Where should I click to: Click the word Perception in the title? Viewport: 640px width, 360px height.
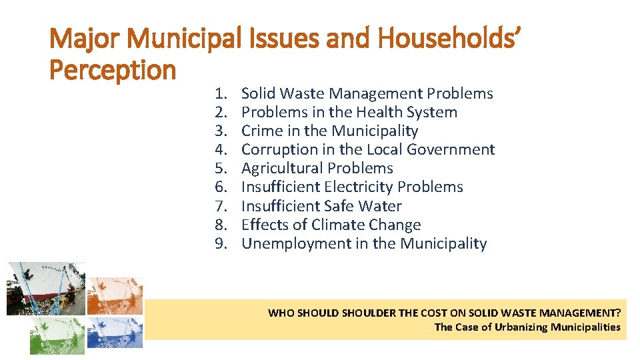(x=113, y=69)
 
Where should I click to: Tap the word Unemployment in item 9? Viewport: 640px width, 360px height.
(x=296, y=244)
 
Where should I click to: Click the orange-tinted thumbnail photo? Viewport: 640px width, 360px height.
(x=115, y=295)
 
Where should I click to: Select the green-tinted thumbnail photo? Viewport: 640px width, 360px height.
(x=57, y=335)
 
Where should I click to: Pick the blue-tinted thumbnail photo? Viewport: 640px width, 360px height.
(x=115, y=332)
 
